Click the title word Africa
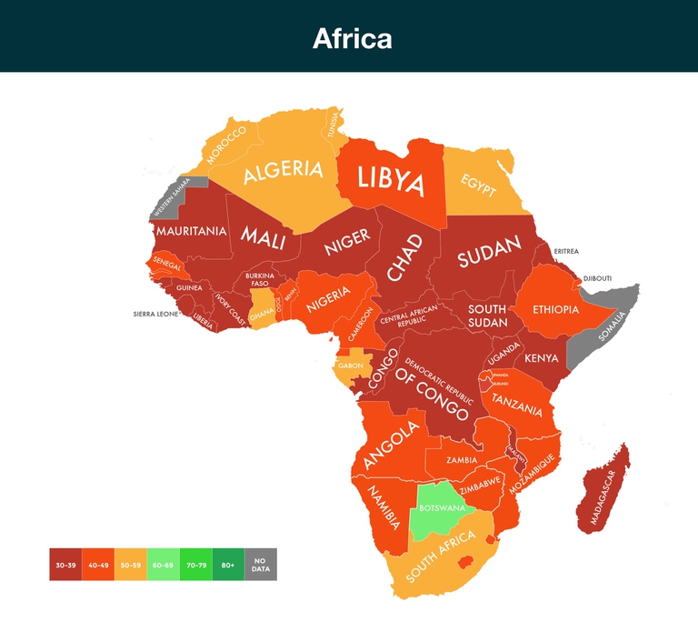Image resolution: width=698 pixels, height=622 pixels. [x=353, y=38]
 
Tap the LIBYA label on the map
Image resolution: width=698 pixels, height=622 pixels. [x=390, y=180]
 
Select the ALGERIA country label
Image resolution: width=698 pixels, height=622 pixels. [x=283, y=170]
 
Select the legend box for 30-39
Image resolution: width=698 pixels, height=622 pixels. [x=65, y=565]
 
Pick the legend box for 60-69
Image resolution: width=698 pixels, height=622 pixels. [x=163, y=565]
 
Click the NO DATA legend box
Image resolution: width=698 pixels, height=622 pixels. [x=261, y=565]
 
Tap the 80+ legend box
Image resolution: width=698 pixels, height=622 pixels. [x=228, y=565]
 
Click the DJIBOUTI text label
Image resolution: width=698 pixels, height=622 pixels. [x=597, y=278]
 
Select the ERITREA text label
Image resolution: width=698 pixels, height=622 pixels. [x=565, y=252]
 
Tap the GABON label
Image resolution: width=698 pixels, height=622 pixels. [x=350, y=366]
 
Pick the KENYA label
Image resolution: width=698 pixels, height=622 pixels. [x=542, y=358]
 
